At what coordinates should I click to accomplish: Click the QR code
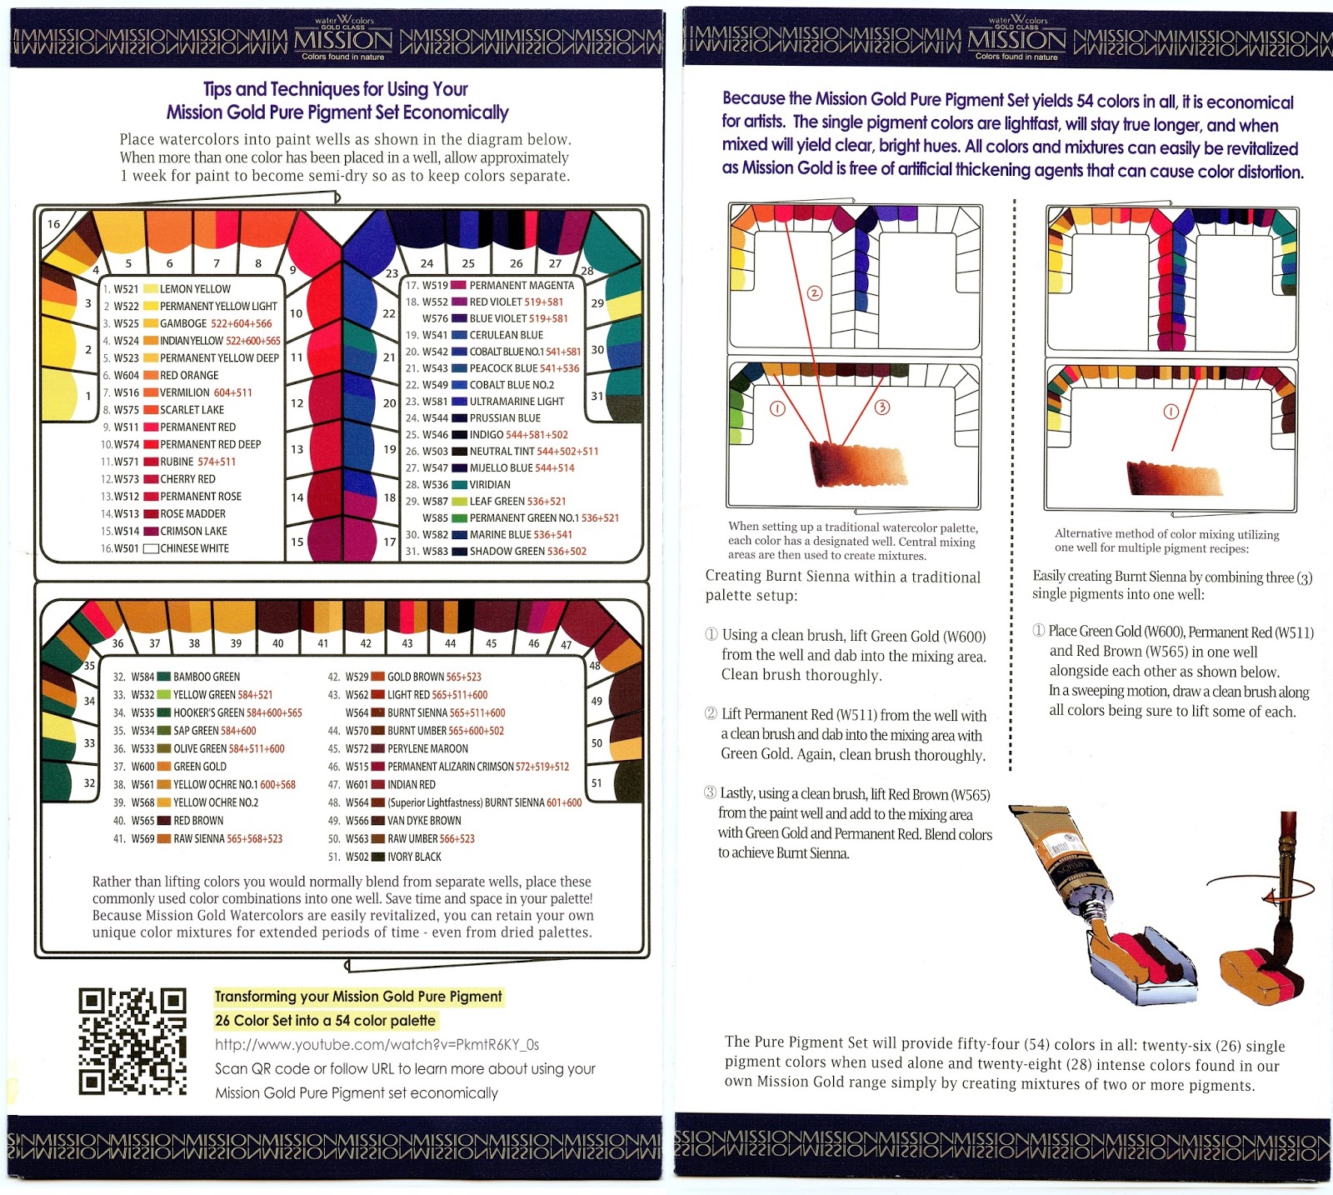[132, 1041]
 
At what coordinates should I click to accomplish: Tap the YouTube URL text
[377, 1044]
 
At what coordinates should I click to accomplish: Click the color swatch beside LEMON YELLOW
[151, 288]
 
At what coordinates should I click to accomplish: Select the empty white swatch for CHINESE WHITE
[151, 548]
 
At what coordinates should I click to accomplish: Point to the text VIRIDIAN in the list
[490, 484]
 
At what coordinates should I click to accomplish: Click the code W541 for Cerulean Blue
[435, 335]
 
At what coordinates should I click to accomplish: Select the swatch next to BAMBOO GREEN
[164, 677]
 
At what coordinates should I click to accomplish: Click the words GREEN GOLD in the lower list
[200, 767]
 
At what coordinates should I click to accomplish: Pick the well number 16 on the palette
[54, 223]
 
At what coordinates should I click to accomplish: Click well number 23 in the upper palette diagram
[392, 273]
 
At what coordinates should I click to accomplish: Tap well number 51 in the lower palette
[597, 783]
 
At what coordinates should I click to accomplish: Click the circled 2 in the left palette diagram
[815, 292]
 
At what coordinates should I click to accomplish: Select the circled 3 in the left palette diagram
[881, 407]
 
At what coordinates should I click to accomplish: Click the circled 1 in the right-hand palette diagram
[1171, 411]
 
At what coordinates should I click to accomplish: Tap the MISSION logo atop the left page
[343, 38]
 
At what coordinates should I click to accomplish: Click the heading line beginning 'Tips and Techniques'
[336, 89]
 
